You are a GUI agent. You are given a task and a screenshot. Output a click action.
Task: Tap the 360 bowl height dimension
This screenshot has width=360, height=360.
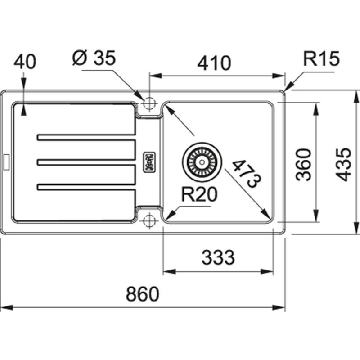[305, 164]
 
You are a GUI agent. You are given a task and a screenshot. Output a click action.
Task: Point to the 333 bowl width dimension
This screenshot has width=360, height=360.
[218, 258]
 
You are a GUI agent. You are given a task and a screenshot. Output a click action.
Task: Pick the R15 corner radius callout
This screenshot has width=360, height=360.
[320, 58]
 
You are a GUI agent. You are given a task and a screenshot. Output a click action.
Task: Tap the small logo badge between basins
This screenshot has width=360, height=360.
[149, 162]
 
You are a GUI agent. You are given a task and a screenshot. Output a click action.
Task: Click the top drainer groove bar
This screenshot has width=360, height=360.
[85, 138]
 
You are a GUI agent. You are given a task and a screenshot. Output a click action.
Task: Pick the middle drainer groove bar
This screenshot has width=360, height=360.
[85, 162]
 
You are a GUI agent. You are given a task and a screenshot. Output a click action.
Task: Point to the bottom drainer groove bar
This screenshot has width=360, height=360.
[85, 185]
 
